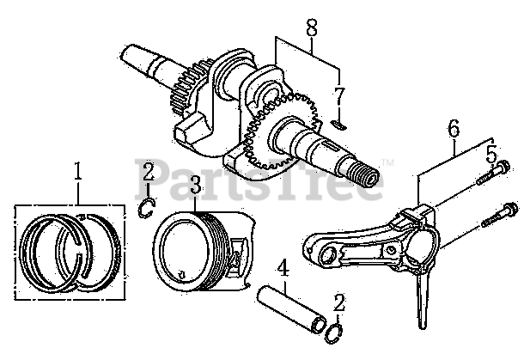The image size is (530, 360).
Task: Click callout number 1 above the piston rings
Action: pos(78,172)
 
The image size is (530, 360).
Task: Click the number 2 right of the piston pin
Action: pos(340,302)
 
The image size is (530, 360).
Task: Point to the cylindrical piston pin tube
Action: pos(291,307)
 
